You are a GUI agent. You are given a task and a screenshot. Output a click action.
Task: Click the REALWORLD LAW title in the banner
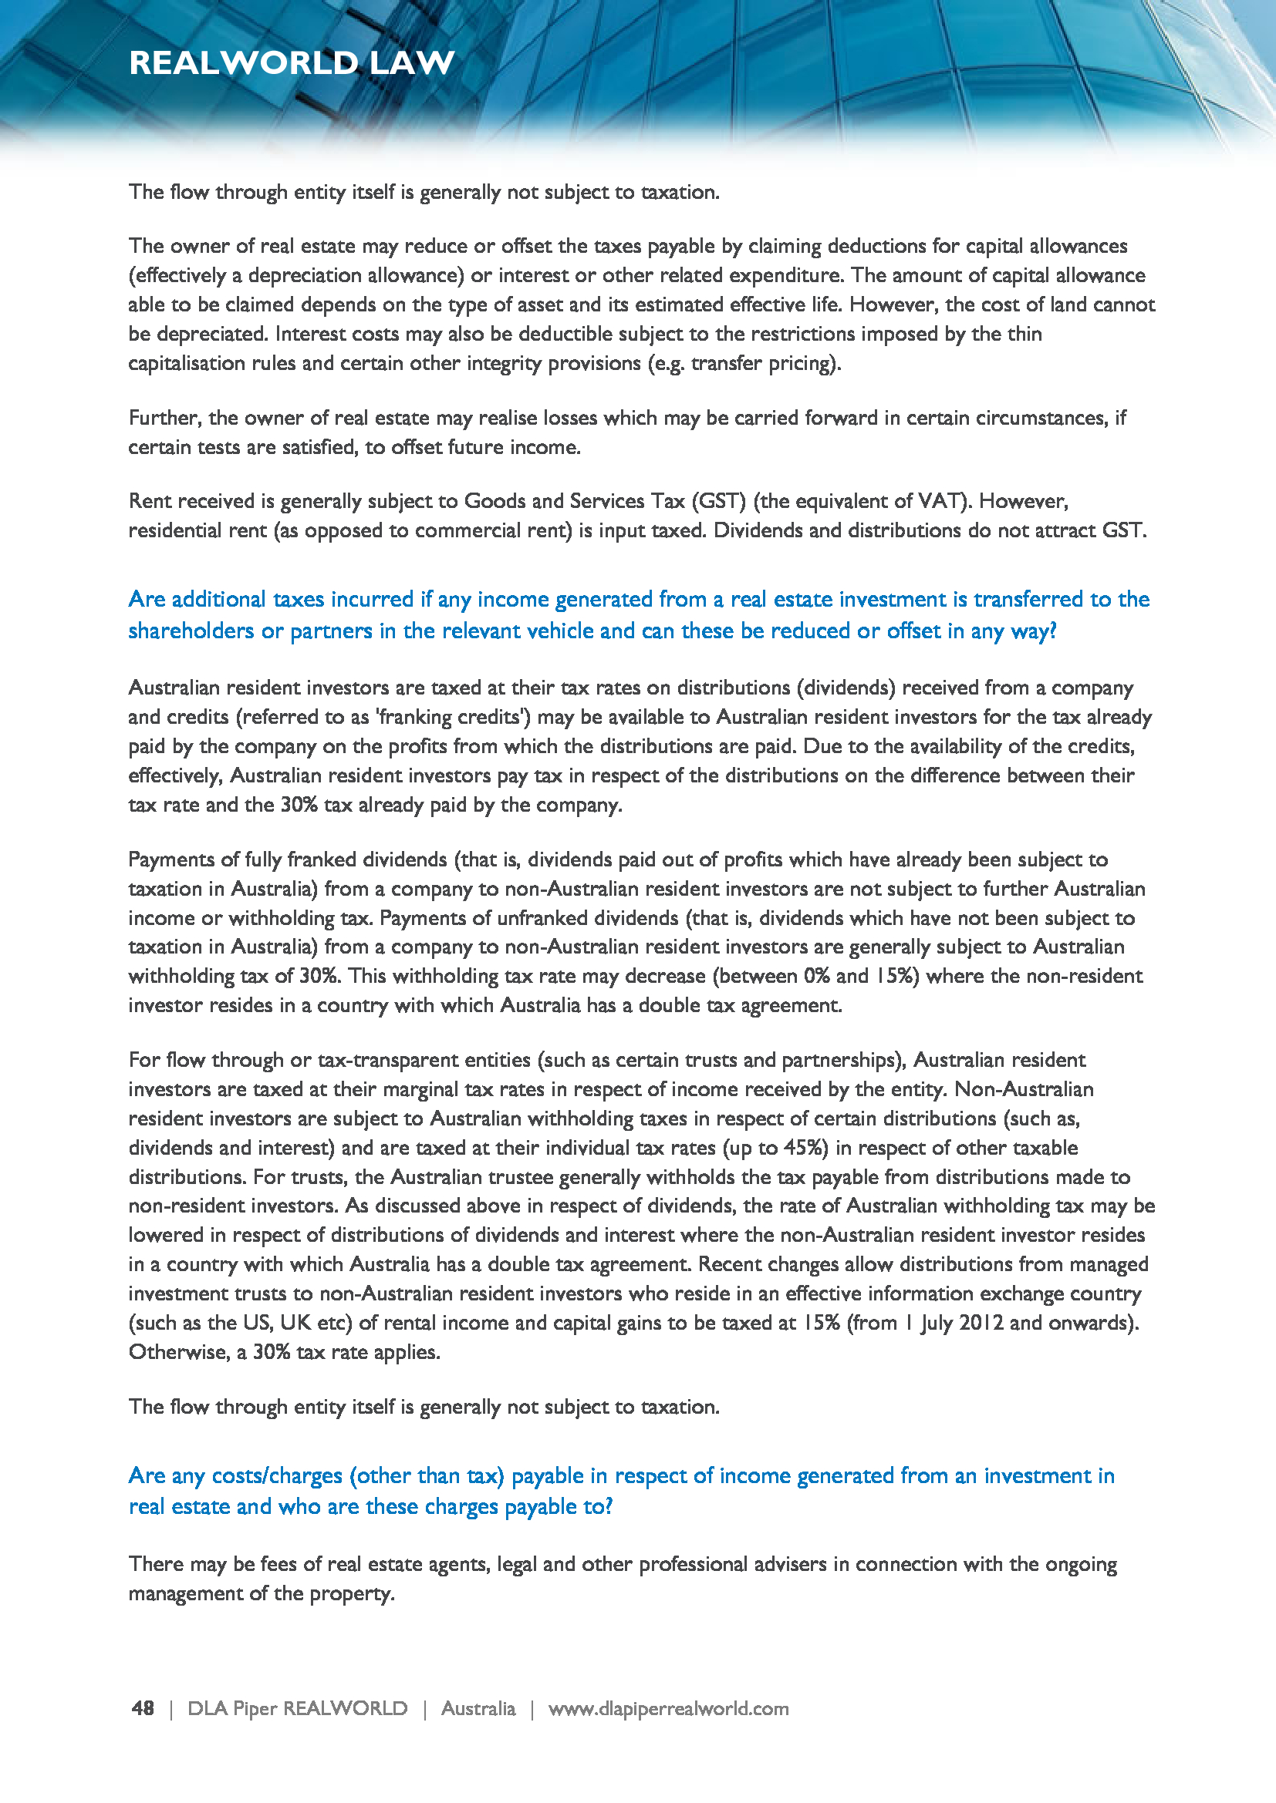[292, 62]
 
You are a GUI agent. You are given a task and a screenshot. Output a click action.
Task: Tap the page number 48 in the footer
[143, 1708]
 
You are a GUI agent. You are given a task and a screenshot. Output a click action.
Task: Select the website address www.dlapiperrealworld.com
[668, 1708]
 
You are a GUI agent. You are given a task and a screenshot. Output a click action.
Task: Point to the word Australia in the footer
[478, 1708]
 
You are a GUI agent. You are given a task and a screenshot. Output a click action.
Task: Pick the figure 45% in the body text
[805, 1147]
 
